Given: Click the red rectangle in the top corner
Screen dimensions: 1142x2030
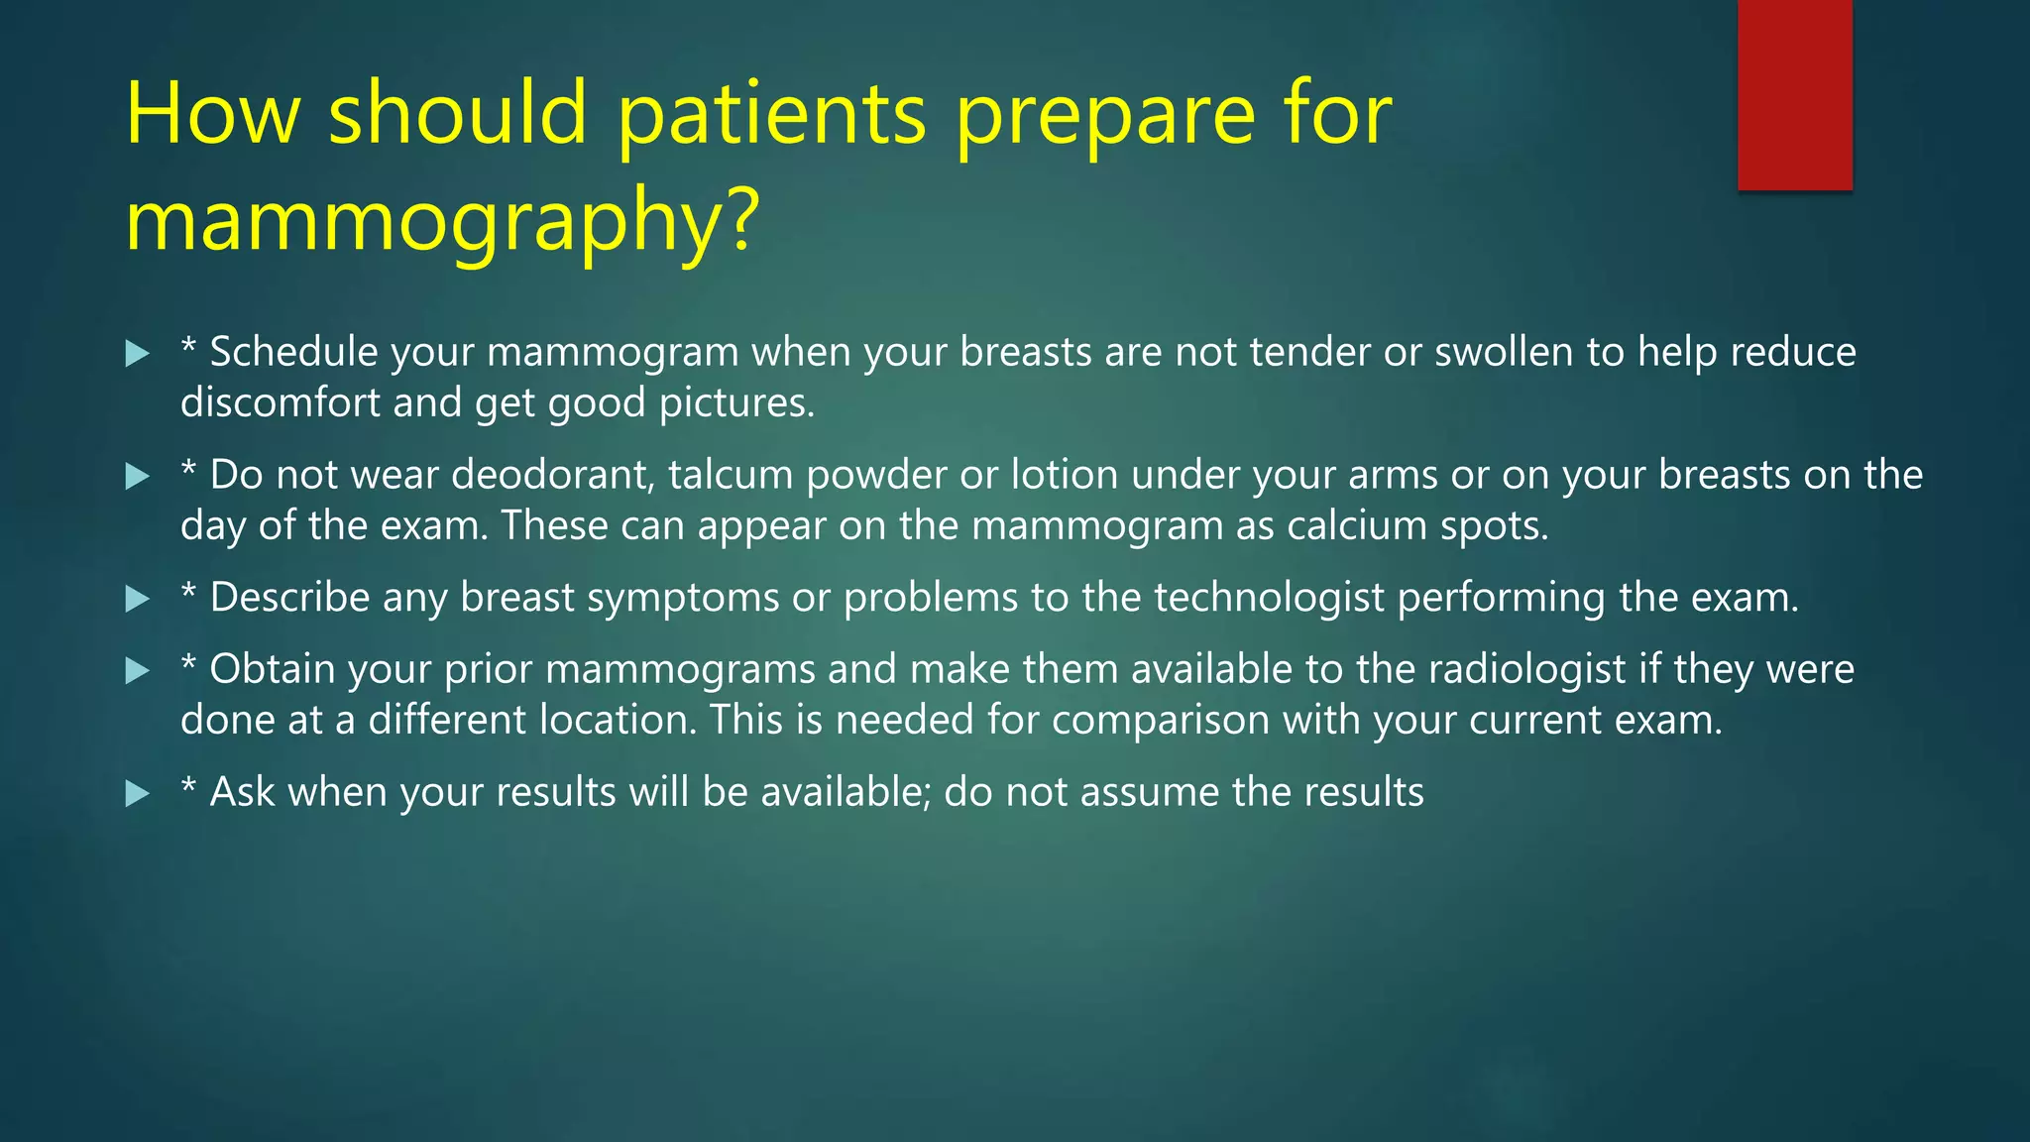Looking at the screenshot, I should (1794, 94).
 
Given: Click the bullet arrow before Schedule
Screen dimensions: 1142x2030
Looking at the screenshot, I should (138, 354).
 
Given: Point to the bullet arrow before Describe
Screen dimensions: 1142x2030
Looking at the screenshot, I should (138, 599).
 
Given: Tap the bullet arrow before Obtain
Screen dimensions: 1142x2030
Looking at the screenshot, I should (138, 671).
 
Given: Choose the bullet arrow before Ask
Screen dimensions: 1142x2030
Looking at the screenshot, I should (138, 793).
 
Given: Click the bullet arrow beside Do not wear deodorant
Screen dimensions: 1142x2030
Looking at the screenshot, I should (138, 477).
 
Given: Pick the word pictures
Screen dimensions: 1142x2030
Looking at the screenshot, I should (736, 402).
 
